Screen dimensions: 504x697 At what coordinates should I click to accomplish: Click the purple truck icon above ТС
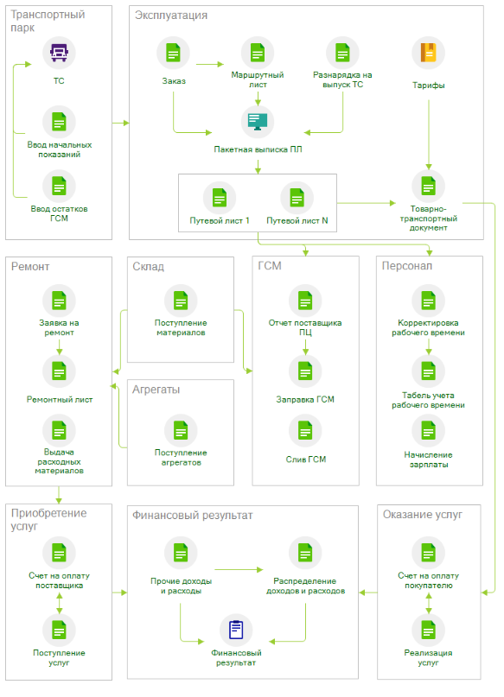(x=59, y=53)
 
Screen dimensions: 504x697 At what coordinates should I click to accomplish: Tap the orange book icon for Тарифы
(x=429, y=53)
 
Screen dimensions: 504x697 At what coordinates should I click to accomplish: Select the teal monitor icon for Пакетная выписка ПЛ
(x=258, y=122)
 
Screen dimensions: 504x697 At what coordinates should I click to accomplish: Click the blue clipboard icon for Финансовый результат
(x=236, y=630)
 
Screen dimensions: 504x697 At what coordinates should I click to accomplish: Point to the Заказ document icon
(x=173, y=53)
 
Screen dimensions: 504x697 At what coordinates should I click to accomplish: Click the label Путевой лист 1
(x=220, y=220)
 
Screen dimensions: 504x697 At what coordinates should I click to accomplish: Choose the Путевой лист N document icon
(x=297, y=198)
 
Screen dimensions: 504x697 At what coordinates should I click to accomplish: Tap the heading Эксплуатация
(x=171, y=15)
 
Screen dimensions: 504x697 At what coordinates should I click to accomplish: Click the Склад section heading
(x=148, y=266)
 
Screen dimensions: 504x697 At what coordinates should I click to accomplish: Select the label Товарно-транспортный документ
(x=429, y=219)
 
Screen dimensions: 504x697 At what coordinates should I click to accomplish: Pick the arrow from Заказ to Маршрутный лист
(x=210, y=65)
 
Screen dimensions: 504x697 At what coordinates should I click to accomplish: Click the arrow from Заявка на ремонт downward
(x=59, y=346)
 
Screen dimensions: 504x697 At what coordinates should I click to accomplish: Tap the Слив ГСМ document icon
(x=305, y=430)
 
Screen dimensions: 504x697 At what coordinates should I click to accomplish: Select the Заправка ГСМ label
(x=305, y=400)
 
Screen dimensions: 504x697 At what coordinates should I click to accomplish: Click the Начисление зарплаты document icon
(x=429, y=430)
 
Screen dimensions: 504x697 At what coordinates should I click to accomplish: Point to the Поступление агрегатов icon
(x=181, y=430)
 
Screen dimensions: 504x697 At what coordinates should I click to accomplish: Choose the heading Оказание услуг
(x=423, y=514)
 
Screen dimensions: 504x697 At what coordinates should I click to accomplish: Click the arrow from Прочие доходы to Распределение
(x=239, y=569)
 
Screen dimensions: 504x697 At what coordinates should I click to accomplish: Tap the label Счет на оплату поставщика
(x=59, y=580)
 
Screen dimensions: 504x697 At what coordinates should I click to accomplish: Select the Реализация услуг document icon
(x=429, y=630)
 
